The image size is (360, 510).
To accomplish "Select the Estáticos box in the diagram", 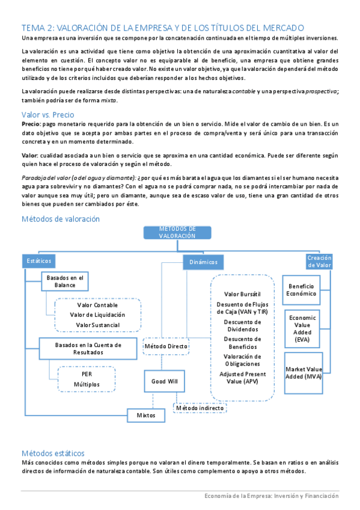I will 40,261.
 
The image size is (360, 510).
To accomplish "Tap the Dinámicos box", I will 200,262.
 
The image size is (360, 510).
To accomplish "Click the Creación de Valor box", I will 319,262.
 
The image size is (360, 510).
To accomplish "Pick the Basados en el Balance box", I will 65,281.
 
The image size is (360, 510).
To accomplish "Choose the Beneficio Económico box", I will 302,290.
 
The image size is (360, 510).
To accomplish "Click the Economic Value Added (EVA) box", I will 302,328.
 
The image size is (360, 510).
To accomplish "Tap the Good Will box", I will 163,381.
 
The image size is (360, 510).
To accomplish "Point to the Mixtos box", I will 146,415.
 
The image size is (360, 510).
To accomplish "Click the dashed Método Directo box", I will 166,346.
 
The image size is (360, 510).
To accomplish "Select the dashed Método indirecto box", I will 200,408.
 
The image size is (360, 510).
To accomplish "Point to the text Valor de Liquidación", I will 97,315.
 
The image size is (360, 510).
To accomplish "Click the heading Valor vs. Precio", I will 47,114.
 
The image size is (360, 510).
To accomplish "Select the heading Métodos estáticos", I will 53,452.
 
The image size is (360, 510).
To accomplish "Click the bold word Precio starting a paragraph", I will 31,123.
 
